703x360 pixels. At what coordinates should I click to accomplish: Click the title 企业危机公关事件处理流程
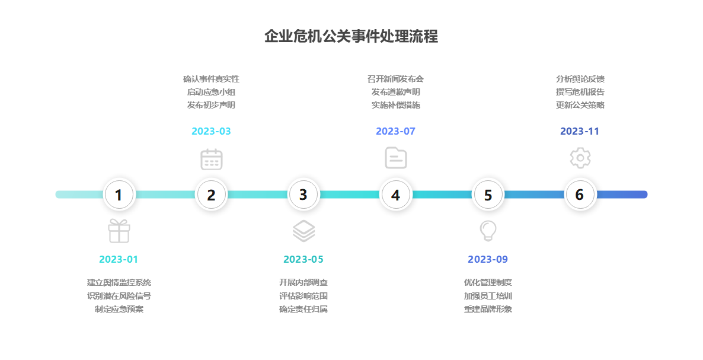point(351,37)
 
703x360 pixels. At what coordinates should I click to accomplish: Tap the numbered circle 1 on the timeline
point(119,195)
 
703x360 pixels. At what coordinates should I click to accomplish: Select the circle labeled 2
point(211,195)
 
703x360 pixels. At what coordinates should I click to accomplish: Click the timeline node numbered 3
point(303,195)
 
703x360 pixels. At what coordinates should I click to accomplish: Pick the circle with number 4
point(395,195)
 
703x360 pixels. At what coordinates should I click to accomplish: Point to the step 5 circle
point(488,195)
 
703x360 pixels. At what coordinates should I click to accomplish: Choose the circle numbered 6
point(580,195)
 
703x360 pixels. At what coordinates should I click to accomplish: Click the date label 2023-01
point(119,259)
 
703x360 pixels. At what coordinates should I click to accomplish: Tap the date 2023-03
point(211,131)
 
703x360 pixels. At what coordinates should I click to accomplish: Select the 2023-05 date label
point(303,259)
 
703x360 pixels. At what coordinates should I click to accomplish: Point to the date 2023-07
point(395,131)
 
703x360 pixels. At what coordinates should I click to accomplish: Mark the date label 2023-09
point(488,259)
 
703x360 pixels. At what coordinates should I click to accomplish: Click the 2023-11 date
point(580,131)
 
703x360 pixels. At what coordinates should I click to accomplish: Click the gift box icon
point(119,231)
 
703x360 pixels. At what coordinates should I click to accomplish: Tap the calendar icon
point(211,159)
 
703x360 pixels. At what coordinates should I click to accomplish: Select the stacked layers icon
point(303,231)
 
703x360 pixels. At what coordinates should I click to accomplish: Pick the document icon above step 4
point(395,158)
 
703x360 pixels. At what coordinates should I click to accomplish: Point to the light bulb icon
point(488,231)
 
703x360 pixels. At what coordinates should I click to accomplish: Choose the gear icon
point(580,158)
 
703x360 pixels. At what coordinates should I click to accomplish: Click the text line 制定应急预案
point(119,309)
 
